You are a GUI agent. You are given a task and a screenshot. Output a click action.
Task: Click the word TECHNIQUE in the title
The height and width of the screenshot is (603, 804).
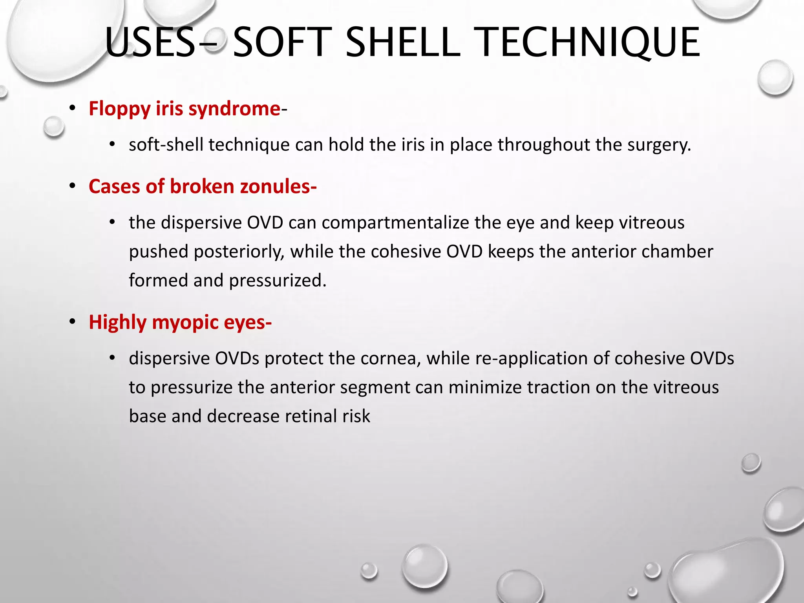(x=589, y=42)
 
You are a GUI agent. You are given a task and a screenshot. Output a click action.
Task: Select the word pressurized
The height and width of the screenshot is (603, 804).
(x=278, y=281)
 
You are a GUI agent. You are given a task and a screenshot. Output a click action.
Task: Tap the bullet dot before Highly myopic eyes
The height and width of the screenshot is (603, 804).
(x=72, y=322)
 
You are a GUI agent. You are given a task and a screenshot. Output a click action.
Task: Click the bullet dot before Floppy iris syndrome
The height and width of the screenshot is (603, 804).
(x=72, y=109)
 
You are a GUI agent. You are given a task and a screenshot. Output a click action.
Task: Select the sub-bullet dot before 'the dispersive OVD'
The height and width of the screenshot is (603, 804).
(x=112, y=223)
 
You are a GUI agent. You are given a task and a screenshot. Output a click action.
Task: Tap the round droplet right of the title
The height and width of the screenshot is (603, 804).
(x=775, y=78)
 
